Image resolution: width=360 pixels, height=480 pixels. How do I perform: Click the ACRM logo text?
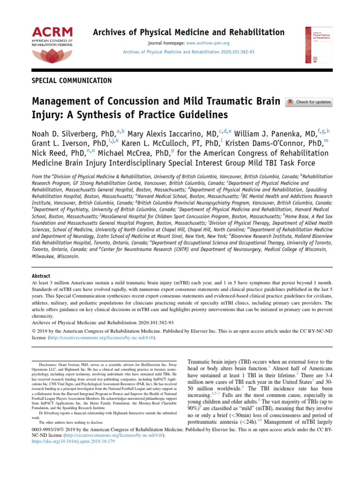click(x=52, y=32)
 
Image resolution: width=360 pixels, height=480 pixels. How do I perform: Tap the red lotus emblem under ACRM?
click(x=52, y=55)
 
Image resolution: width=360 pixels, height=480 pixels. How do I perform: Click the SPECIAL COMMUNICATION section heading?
click(x=72, y=81)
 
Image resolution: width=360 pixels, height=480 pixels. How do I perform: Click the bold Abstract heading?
click(x=41, y=276)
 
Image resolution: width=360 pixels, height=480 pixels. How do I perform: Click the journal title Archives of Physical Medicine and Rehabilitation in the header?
click(x=188, y=32)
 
